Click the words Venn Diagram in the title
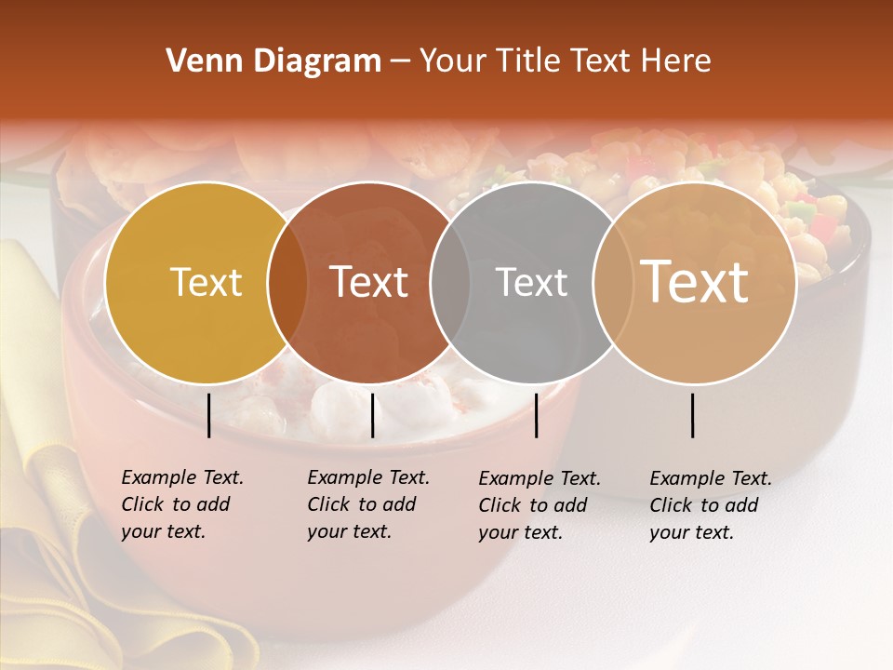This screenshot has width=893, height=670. tap(273, 61)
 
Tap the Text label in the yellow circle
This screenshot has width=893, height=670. tap(206, 282)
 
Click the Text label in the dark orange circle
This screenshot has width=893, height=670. tap(369, 282)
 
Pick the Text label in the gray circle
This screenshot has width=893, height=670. tap(531, 282)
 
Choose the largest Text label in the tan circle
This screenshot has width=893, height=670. tap(695, 281)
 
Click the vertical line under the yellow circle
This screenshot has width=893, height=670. tap(208, 415)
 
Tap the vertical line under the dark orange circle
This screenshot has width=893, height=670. tap(372, 415)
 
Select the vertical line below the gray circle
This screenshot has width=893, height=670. tap(536, 415)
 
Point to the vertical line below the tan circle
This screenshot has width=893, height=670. tap(693, 415)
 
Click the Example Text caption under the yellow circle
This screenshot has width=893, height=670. tap(181, 504)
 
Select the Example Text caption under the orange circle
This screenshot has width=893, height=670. tap(367, 504)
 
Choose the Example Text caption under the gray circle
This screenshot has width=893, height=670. tap(539, 505)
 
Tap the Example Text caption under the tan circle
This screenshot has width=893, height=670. tap(710, 505)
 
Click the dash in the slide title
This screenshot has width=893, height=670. tap(400, 62)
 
